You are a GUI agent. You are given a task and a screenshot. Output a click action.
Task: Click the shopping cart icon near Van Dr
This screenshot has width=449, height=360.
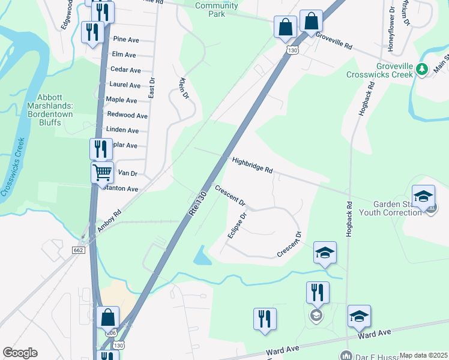point(102,172)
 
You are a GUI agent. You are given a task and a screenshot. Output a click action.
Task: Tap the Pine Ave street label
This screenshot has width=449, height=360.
point(126,39)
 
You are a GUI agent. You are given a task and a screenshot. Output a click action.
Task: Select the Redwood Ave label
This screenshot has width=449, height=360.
point(127,115)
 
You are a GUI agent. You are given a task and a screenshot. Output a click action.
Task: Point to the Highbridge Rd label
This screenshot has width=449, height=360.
point(252,166)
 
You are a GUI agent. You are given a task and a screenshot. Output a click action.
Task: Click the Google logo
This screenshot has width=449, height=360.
point(20,353)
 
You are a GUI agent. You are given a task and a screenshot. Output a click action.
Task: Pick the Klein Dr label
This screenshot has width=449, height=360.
point(184,88)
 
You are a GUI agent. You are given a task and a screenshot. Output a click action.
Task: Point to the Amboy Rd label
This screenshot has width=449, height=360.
point(109,218)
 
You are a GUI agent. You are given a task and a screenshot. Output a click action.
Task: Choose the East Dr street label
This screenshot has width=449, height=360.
point(152,88)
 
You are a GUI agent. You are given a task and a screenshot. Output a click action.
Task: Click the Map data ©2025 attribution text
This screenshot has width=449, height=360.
point(423,355)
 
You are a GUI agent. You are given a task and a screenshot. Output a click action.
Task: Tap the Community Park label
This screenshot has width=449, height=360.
point(217,9)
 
